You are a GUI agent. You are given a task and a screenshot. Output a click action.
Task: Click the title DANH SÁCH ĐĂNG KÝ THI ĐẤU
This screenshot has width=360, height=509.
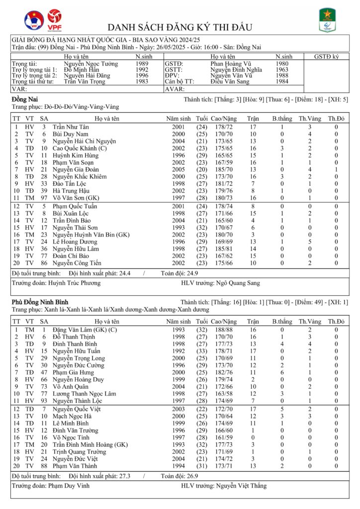(x=180, y=27)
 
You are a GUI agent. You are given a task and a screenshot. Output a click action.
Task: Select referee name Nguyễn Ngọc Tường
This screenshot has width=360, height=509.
(x=91, y=64)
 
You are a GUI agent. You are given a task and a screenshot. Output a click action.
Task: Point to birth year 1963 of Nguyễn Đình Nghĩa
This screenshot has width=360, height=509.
(x=281, y=70)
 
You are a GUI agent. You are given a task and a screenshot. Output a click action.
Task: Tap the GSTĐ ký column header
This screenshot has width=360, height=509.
(x=326, y=57)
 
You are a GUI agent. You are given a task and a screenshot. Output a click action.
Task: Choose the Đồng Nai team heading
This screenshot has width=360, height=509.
(x=22, y=100)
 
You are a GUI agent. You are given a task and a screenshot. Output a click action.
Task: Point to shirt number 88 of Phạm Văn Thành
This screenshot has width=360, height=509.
(x=44, y=466)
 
